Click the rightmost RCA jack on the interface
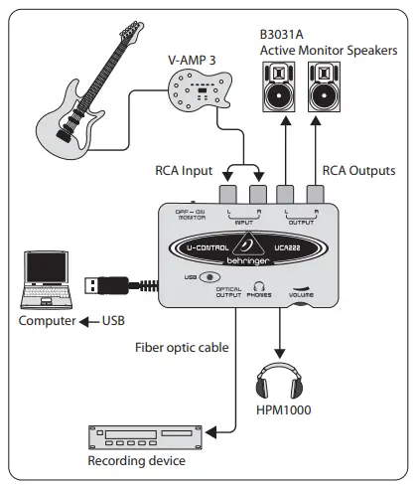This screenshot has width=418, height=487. (x=317, y=194)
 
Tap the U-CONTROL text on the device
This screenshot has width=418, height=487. (x=209, y=247)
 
